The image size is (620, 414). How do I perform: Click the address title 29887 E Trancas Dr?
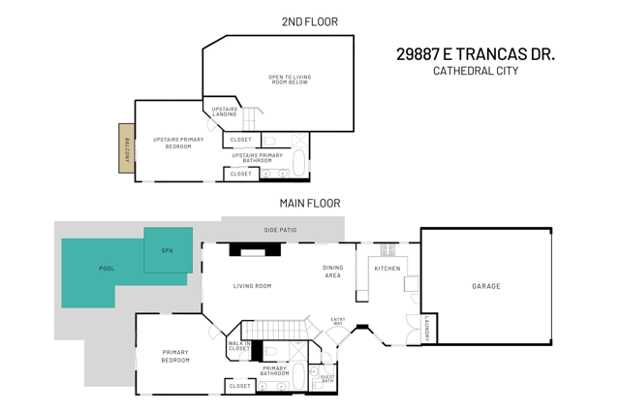(475, 54)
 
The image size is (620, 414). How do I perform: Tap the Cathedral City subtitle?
(475, 71)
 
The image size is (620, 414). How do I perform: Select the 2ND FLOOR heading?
(309, 21)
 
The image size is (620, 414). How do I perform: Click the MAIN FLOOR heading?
(309, 204)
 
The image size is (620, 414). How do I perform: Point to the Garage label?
(486, 286)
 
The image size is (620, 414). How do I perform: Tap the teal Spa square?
(168, 250)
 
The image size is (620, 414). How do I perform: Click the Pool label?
(107, 269)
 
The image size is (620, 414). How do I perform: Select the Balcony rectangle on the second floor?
(126, 148)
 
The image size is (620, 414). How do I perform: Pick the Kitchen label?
(387, 269)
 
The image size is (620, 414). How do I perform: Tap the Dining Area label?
(332, 272)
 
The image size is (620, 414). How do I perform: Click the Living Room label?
(252, 286)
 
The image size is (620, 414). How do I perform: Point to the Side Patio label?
(280, 230)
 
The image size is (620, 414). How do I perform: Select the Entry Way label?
(338, 321)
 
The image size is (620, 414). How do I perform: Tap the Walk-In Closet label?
(239, 345)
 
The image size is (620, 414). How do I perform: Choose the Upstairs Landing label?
(224, 112)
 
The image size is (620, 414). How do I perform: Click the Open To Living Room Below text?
(289, 80)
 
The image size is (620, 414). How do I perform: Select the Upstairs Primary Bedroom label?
(178, 143)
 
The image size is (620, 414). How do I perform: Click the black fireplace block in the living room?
(255, 249)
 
